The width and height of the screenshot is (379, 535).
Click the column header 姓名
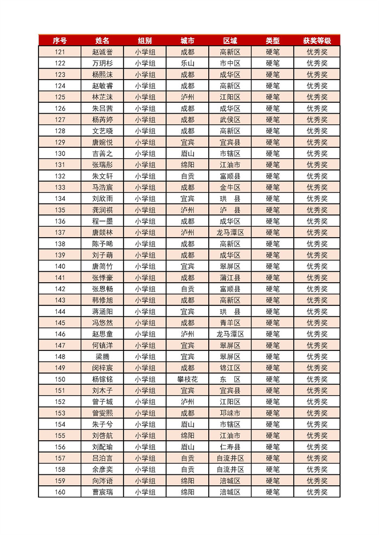click(102, 41)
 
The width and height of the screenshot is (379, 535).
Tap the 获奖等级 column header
click(317, 41)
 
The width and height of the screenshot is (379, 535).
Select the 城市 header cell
click(188, 41)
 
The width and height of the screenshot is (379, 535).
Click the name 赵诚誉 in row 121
click(102, 52)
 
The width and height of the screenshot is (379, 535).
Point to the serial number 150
click(60, 379)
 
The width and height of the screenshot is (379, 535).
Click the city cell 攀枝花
click(188, 379)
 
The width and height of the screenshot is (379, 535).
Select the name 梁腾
click(102, 357)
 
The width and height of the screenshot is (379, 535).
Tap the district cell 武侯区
click(230, 120)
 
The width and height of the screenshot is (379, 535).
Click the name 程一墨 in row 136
click(102, 221)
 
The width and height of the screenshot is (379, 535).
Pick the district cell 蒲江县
click(230, 278)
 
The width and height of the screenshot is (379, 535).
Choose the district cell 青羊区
click(230, 323)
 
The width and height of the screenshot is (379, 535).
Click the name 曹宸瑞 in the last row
click(102, 492)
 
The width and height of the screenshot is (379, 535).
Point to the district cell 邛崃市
click(230, 413)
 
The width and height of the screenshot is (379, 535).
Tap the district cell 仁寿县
click(230, 447)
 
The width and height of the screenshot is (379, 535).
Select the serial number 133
click(60, 187)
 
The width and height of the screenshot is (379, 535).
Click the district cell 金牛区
click(230, 187)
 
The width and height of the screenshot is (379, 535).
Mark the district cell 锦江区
click(230, 368)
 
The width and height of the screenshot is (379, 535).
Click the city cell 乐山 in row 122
click(188, 63)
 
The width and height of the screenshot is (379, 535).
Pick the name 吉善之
click(102, 154)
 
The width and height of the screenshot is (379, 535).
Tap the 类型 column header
click(273, 41)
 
